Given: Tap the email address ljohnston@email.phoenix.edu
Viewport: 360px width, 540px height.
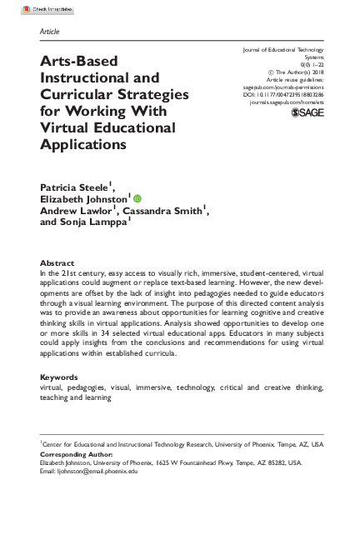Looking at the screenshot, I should pyautogui.click(x=97, y=471).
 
